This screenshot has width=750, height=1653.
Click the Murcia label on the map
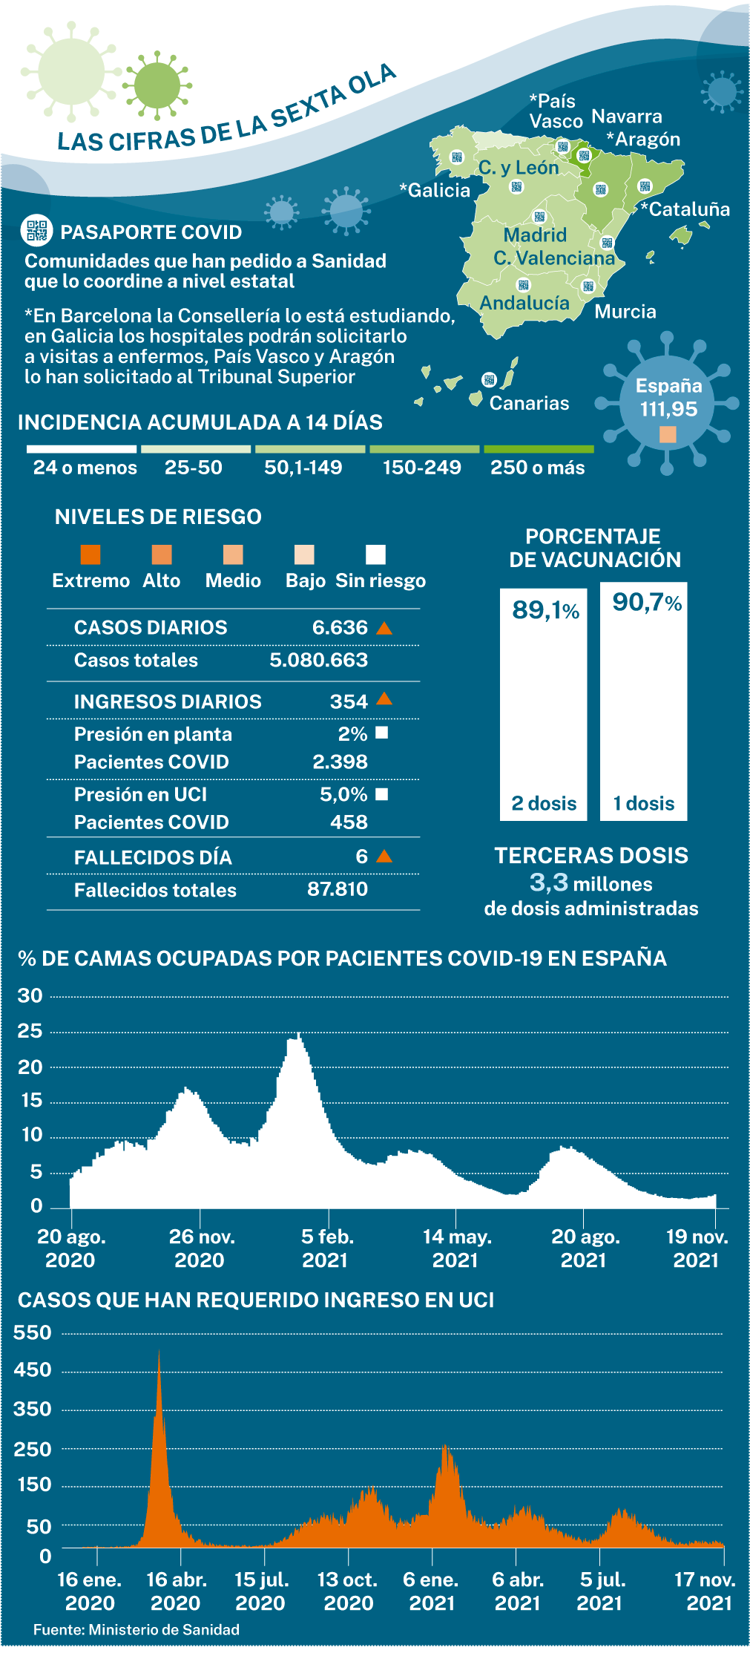[x=625, y=311]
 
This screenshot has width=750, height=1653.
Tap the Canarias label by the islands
[x=529, y=403]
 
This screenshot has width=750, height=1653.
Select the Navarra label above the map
[x=627, y=117]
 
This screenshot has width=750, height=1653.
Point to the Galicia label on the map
[x=435, y=190]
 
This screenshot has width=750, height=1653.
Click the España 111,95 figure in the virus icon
[x=669, y=397]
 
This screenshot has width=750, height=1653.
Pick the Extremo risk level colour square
[x=91, y=554]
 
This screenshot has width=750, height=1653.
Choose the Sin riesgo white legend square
[x=375, y=554]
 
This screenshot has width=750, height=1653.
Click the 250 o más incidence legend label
[x=538, y=468]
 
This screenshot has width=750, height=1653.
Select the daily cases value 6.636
[x=340, y=627]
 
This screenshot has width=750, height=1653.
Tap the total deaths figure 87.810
[x=338, y=888]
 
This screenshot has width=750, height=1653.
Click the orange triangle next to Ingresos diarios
[x=384, y=698]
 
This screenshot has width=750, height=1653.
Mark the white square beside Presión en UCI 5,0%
[x=382, y=794]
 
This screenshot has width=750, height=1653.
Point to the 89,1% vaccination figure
[x=545, y=610]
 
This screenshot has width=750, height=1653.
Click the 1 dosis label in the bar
[x=644, y=803]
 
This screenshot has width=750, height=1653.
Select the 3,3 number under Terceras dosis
[x=549, y=883]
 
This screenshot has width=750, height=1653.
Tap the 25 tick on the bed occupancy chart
[x=30, y=1031]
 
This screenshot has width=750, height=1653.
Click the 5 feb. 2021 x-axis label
[x=326, y=1248]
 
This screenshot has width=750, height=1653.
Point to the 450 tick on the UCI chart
[x=33, y=1369]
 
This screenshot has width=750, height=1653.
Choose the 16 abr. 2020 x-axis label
[x=176, y=1591]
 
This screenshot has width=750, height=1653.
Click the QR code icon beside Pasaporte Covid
[x=36, y=231]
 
